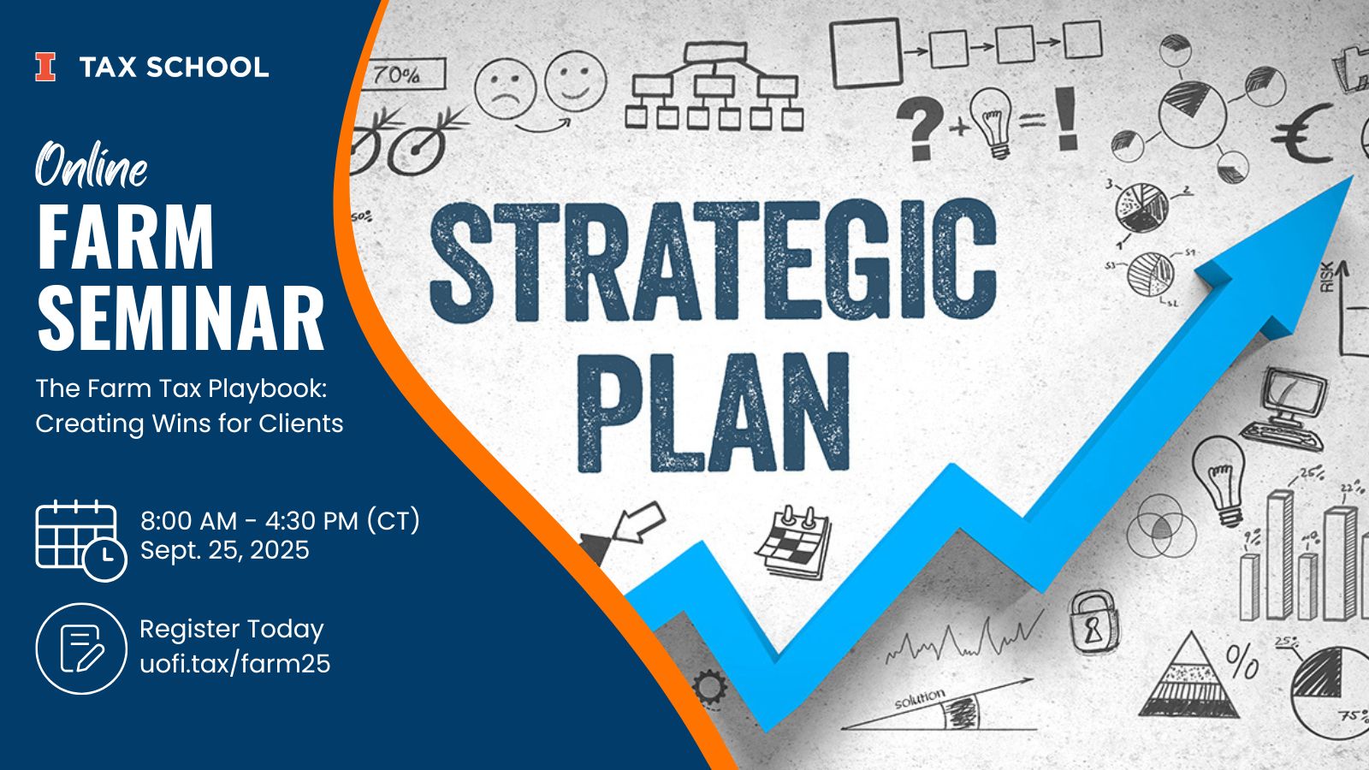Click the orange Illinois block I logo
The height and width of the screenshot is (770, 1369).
pyautogui.click(x=45, y=67)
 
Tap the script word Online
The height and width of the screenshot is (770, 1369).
pyautogui.click(x=91, y=164)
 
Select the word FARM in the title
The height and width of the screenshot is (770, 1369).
pyautogui.click(x=126, y=236)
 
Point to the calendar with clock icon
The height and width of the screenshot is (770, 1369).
pyautogui.click(x=81, y=540)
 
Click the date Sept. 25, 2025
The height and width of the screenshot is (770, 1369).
pyautogui.click(x=225, y=550)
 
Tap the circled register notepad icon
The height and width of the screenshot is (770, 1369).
pyautogui.click(x=81, y=649)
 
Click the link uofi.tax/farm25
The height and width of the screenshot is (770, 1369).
pyautogui.click(x=235, y=664)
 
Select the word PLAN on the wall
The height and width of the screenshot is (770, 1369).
pyautogui.click(x=714, y=412)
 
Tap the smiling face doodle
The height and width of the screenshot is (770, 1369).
pyautogui.click(x=576, y=81)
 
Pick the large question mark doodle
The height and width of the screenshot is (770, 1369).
pyautogui.click(x=921, y=127)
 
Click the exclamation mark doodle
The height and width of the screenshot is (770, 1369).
pyautogui.click(x=1066, y=118)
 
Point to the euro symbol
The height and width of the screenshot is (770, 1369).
pyautogui.click(x=1303, y=133)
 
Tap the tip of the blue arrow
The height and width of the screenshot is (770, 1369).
pyautogui.click(x=1351, y=177)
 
